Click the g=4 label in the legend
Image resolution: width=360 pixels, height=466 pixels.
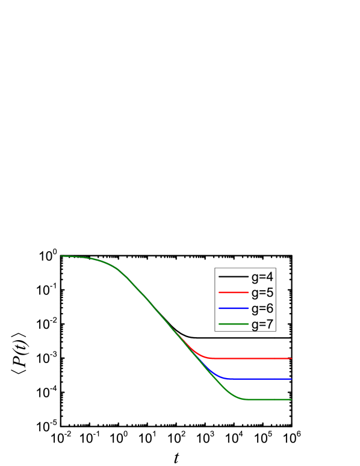(x=262, y=277)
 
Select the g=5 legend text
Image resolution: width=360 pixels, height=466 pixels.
(x=262, y=293)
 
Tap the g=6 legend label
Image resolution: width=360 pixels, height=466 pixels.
(x=262, y=308)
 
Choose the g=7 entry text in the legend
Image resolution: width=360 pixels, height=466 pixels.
(x=262, y=324)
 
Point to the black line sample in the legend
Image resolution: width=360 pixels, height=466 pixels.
(x=234, y=277)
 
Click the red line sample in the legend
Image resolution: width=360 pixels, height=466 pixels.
(x=234, y=293)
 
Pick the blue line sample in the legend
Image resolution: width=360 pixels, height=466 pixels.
(x=234, y=308)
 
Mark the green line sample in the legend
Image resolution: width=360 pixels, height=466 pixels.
(x=234, y=324)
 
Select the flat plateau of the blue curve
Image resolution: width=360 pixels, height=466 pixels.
(x=265, y=379)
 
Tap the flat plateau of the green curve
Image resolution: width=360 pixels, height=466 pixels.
(x=271, y=399)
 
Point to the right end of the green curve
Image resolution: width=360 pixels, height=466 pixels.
(x=291, y=399)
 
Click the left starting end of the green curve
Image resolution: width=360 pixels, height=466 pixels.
(x=61, y=256)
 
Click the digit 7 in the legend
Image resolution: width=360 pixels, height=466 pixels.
(x=270, y=324)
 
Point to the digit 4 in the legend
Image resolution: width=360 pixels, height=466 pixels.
(x=270, y=277)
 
